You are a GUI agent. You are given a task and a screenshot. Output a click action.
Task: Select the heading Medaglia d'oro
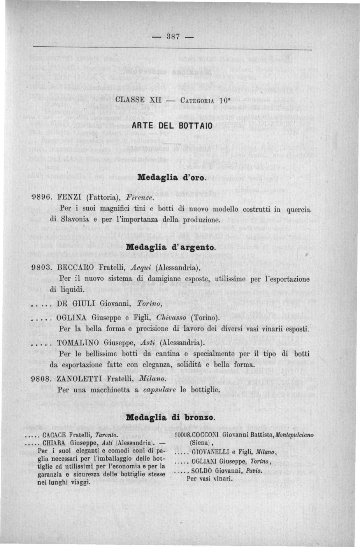point(172,177)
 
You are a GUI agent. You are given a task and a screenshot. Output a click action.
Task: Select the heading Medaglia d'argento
point(172,247)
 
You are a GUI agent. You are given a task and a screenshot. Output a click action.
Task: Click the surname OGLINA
point(72,317)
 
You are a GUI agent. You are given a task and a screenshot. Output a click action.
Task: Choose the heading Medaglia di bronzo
point(171,417)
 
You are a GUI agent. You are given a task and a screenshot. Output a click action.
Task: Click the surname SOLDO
point(201,471)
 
